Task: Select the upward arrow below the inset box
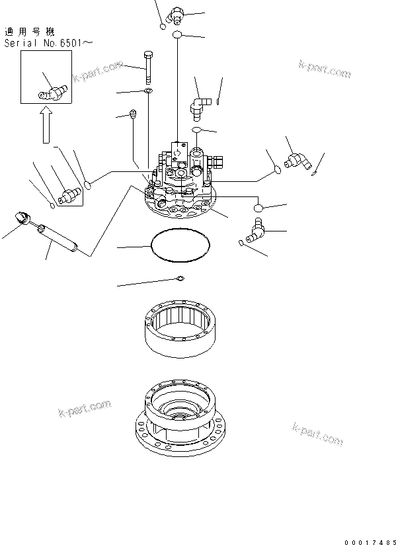[x=44, y=126]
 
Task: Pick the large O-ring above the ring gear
[x=180, y=245]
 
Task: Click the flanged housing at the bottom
[x=180, y=417]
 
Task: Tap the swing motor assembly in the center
[x=182, y=185]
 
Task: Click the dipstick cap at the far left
[x=22, y=217]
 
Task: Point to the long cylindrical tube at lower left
[x=58, y=238]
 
